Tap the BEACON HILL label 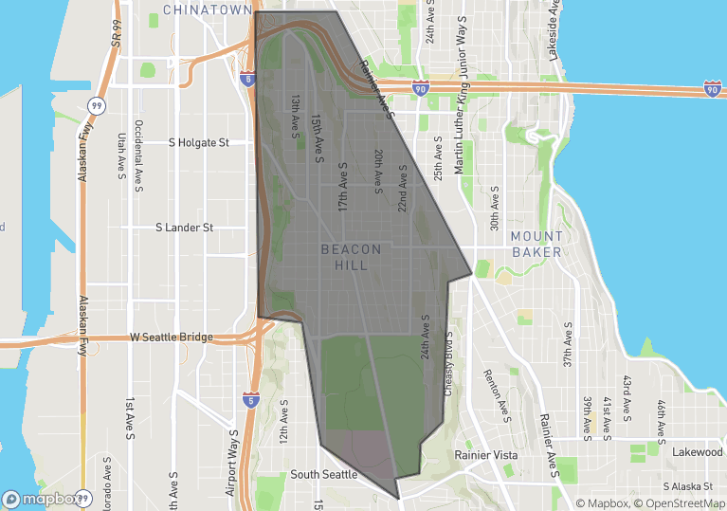point(351,257)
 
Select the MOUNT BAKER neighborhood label point(536,244)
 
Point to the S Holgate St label point(199,143)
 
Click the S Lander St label point(185,228)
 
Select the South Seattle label point(324,474)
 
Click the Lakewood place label point(698,452)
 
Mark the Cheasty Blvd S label point(448,363)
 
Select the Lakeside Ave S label point(553,29)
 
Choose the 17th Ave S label point(343,185)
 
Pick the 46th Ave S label point(663,398)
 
